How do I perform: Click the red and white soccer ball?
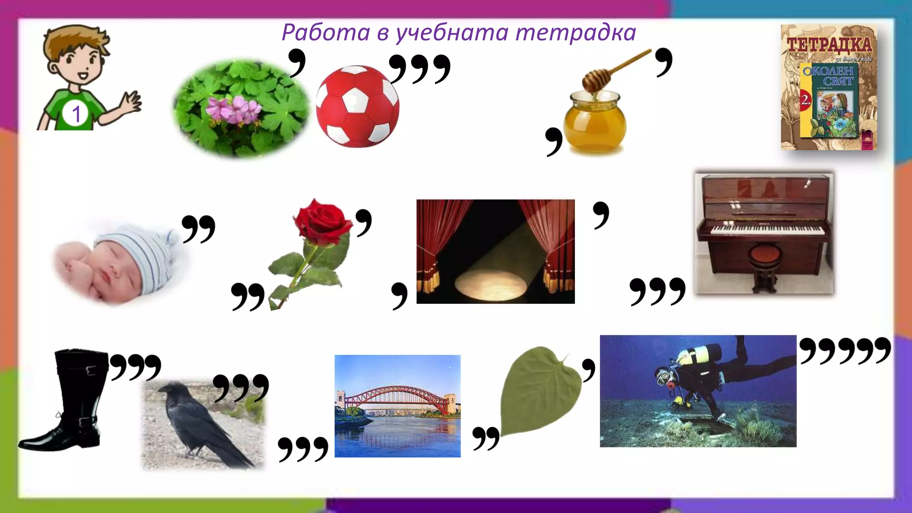[x=357, y=106]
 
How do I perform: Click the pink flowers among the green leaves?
[x=234, y=109]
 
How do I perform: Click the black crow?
[x=196, y=423]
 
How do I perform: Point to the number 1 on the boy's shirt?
[x=76, y=114]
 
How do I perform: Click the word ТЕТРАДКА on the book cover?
[x=829, y=45]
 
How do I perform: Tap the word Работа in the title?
[x=326, y=33]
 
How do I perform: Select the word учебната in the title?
[x=452, y=33]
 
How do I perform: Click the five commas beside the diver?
[x=845, y=350]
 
